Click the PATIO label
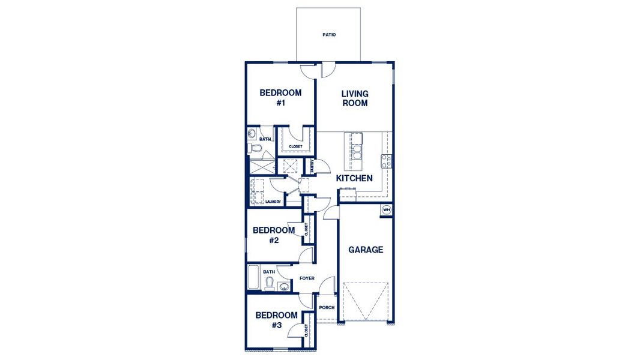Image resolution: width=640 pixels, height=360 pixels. pyautogui.click(x=328, y=35)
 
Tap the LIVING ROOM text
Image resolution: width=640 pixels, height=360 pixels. pyautogui.click(x=355, y=98)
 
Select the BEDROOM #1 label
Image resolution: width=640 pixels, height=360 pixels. pyautogui.click(x=280, y=98)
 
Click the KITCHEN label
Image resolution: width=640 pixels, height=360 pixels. pyautogui.click(x=354, y=178)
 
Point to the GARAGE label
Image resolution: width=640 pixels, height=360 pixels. pyautogui.click(x=366, y=250)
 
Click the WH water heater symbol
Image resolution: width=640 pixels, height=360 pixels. pyautogui.click(x=386, y=210)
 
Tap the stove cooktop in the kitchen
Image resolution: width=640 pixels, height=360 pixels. pyautogui.click(x=387, y=161)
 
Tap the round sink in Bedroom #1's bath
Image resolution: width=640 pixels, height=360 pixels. pyautogui.click(x=252, y=133)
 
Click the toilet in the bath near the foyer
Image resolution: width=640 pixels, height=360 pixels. pyautogui.click(x=270, y=283)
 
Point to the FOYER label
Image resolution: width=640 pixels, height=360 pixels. pyautogui.click(x=307, y=278)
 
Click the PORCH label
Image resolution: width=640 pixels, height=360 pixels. pyautogui.click(x=327, y=308)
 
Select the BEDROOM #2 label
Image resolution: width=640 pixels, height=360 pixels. pyautogui.click(x=274, y=235)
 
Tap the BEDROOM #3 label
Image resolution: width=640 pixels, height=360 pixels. pyautogui.click(x=276, y=320)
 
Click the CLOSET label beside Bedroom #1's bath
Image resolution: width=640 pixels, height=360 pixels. pyautogui.click(x=295, y=146)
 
